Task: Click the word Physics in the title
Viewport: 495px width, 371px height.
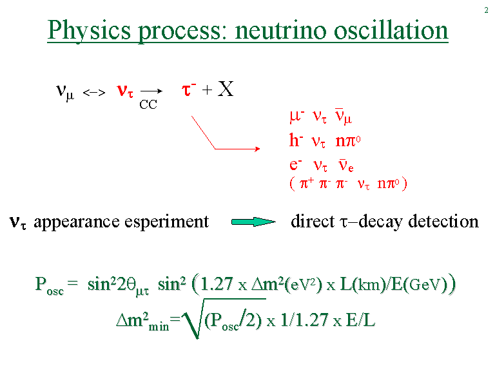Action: coord(89,31)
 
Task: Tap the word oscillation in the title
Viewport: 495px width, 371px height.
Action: coord(391,30)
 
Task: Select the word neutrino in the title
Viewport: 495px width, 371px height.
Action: coord(280,31)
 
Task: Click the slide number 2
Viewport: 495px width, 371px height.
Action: coord(486,10)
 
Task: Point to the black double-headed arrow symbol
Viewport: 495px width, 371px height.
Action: coord(94,93)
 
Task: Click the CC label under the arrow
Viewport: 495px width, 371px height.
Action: coord(148,104)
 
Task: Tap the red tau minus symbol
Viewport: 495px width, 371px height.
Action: coord(189,90)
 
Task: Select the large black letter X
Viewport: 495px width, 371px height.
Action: coord(226,89)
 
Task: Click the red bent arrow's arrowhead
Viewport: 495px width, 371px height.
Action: coord(257,149)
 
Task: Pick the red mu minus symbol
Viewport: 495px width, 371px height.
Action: coord(296,116)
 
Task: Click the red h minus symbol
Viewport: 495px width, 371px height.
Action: coord(296,140)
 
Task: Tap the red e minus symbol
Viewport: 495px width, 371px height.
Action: coord(295,165)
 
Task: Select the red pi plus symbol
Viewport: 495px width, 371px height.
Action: coord(307,183)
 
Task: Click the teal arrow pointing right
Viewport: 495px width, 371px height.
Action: coord(253,222)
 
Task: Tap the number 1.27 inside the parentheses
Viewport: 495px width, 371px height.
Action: coord(217,283)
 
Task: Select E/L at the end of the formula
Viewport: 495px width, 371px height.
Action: coord(360,319)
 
